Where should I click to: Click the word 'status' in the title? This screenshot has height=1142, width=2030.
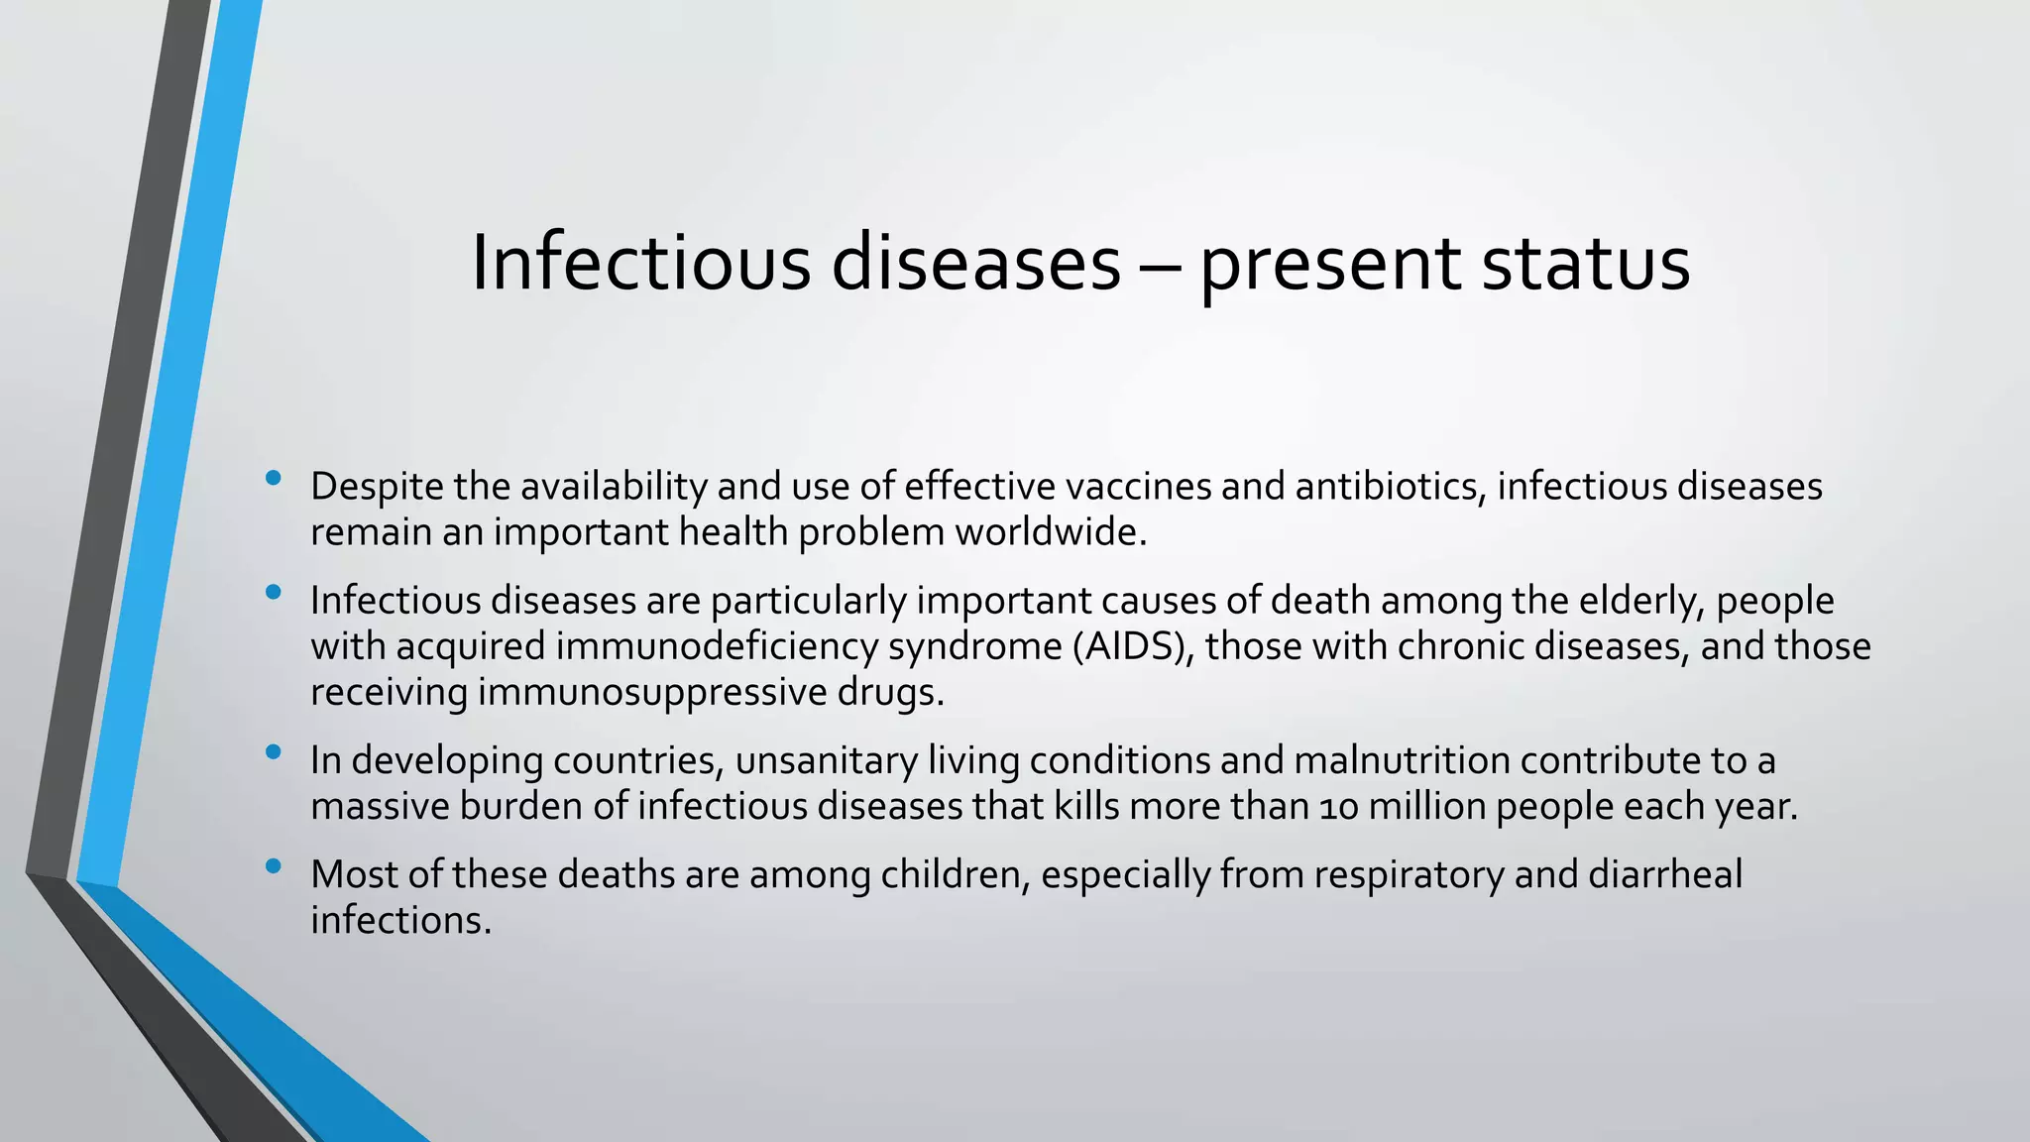pos(1585,264)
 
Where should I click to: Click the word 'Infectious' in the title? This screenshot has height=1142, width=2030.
pos(640,264)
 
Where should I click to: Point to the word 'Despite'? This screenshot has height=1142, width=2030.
pos(376,487)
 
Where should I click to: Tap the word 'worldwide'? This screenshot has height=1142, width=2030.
pos(1050,532)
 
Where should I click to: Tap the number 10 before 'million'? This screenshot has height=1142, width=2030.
pos(1339,807)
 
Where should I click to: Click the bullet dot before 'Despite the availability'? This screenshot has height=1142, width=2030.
pos(274,480)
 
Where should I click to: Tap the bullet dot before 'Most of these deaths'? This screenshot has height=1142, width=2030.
pos(274,867)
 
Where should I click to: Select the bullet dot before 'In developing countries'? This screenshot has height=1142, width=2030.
pos(274,753)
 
